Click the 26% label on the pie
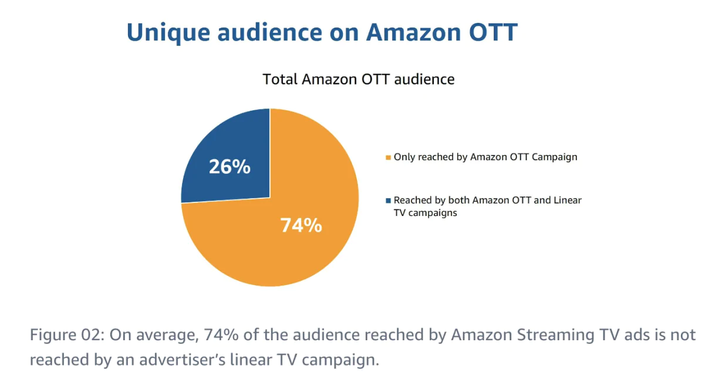pyautogui.click(x=230, y=167)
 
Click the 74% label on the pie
pyautogui.click(x=301, y=225)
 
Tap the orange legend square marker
pyautogui.click(x=388, y=157)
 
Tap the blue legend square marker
pyautogui.click(x=388, y=201)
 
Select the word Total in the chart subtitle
pyautogui.click(x=280, y=79)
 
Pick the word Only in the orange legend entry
pyautogui.click(x=404, y=157)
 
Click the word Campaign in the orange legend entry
pyautogui.click(x=555, y=157)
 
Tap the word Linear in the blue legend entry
pyautogui.click(x=568, y=200)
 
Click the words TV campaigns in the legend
pyautogui.click(x=425, y=213)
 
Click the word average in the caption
pyautogui.click(x=163, y=336)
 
